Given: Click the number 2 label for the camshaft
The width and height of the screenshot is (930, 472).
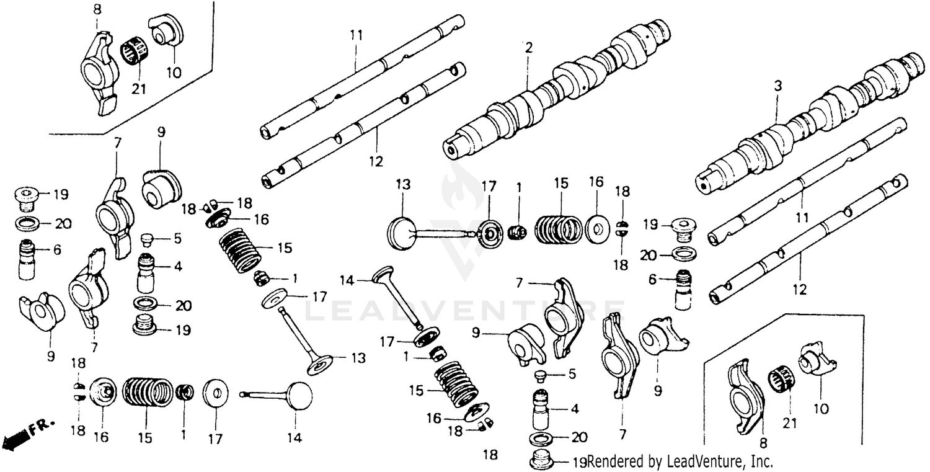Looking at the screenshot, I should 528,48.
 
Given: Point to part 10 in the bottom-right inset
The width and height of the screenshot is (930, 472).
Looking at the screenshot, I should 816,360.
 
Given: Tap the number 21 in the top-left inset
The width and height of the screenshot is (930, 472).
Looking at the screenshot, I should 139,89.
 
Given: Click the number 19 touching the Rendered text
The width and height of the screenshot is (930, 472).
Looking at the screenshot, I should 580,461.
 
